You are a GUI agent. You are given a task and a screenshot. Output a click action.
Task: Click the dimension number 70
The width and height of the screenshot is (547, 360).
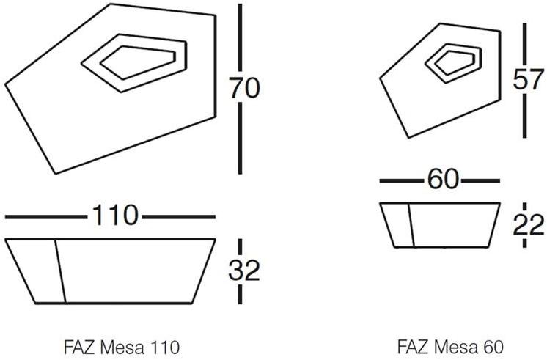pos(243,88)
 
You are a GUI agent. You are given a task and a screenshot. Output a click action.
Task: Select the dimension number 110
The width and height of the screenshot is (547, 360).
pos(114,216)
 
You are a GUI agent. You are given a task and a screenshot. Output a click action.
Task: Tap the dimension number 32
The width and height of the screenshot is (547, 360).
pos(243,272)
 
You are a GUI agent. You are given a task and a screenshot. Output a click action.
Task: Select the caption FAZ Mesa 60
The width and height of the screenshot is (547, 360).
pos(450,345)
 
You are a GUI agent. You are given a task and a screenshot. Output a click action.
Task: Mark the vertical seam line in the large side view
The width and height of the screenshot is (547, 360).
pos(60,271)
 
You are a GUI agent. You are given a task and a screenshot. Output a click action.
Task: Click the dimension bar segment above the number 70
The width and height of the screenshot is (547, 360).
pos(241,37)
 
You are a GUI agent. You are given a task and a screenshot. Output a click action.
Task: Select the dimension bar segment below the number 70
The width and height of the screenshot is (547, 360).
pos(241,139)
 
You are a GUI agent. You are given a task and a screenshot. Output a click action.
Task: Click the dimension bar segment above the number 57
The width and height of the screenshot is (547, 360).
pos(525,44)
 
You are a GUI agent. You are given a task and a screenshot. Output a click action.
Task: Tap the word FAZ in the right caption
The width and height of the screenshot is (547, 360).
pos(411,345)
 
